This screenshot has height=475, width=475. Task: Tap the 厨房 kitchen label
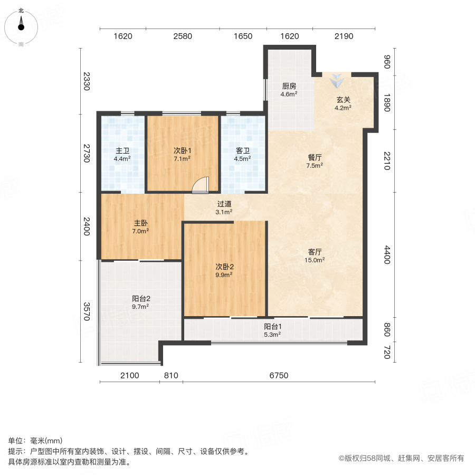tap(289, 86)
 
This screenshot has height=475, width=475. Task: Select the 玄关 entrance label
tap(343, 99)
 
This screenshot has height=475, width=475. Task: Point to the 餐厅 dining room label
tap(315, 157)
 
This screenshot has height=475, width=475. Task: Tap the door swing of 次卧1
tap(201, 184)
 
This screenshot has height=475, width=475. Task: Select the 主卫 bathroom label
tap(123, 150)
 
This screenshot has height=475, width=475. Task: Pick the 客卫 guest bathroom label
tap(243, 150)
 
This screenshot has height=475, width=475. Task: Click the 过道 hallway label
tap(224, 204)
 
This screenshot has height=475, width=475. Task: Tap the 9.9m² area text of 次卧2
tap(224, 274)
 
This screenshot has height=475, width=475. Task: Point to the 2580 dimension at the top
tap(183, 36)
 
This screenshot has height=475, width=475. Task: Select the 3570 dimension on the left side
tap(87, 311)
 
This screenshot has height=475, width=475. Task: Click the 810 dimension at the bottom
tap(172, 376)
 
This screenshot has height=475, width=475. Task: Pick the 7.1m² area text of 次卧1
tap(182, 158)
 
